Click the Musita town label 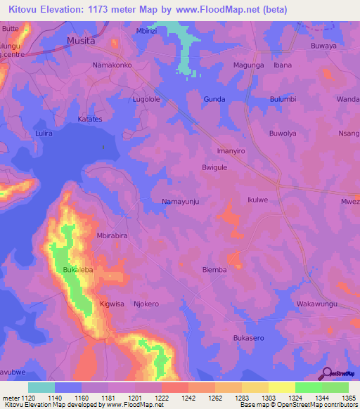(x=80, y=41)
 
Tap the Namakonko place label (x=112, y=65)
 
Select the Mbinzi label (x=147, y=32)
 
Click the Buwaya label (x=325, y=46)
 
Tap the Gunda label (x=214, y=100)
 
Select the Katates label (x=89, y=119)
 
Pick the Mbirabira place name (x=111, y=236)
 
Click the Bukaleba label (x=78, y=270)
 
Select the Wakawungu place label (x=317, y=304)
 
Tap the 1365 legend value (x=340, y=397)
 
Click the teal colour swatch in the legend (x=41, y=387)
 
